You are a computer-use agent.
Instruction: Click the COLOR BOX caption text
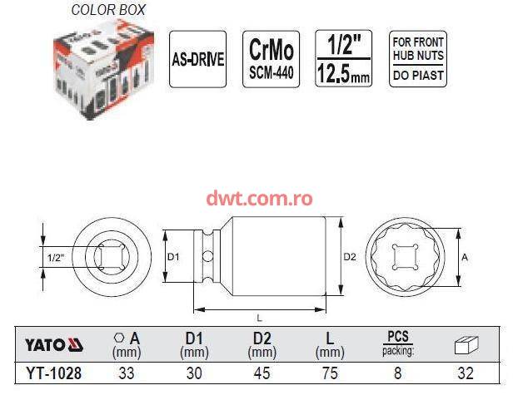108,10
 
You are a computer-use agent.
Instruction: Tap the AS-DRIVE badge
198,59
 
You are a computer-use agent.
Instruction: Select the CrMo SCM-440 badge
271,59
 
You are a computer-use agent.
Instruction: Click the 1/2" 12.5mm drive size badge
344,59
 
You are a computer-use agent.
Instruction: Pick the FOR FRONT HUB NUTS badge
418,59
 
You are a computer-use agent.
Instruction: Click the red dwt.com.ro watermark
259,198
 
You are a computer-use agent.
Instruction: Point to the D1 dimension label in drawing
173,257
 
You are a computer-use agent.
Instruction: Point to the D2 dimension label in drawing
350,257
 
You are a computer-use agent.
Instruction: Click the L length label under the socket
259,318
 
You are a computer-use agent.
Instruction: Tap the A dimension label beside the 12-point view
465,257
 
